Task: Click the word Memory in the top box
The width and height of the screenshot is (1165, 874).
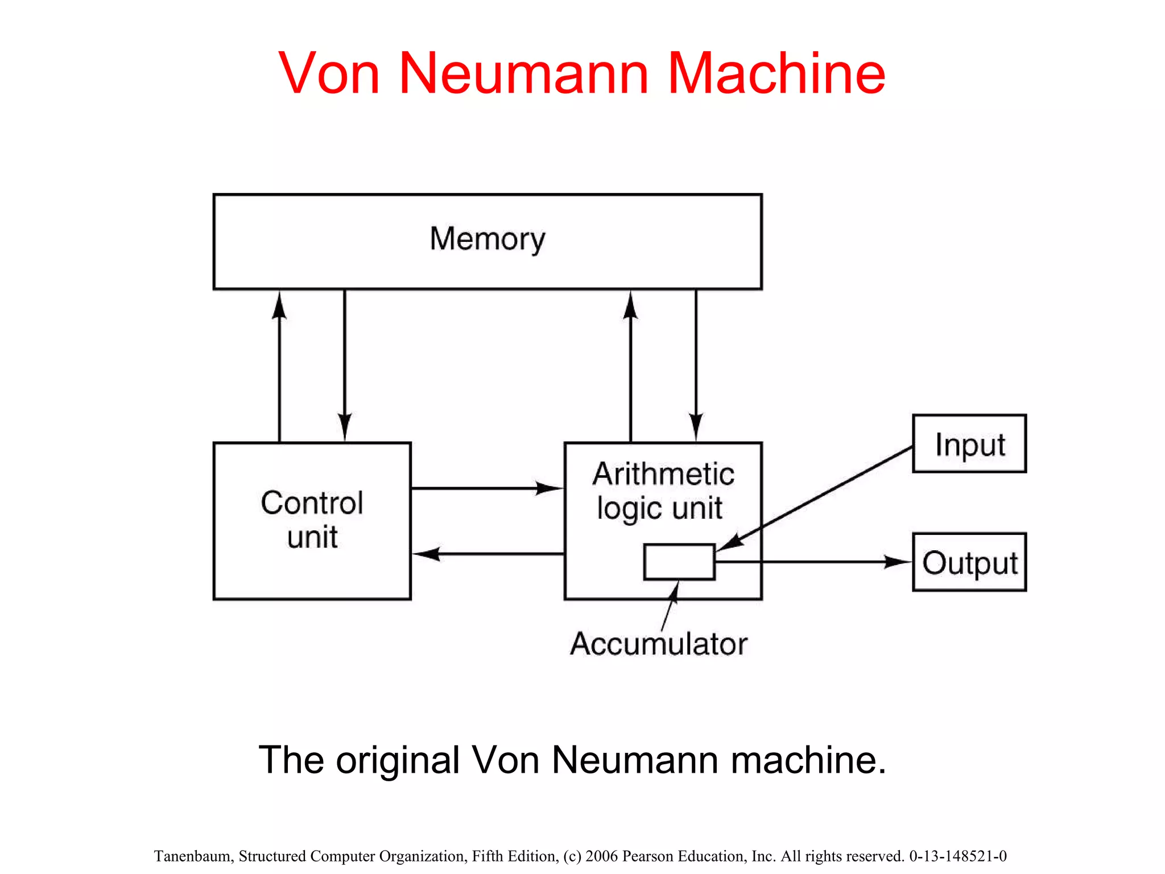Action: pos(487,238)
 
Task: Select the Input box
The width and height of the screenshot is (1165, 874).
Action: pos(969,444)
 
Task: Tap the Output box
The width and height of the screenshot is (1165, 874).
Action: pos(969,562)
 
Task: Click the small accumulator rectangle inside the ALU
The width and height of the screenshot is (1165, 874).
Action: pos(679,562)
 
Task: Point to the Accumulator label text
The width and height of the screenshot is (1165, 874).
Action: pos(658,644)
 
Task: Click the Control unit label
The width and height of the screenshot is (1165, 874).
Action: pos(312,520)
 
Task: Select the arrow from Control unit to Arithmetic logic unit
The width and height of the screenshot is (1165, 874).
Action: pos(484,488)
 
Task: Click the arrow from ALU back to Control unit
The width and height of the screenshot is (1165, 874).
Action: pos(489,554)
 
